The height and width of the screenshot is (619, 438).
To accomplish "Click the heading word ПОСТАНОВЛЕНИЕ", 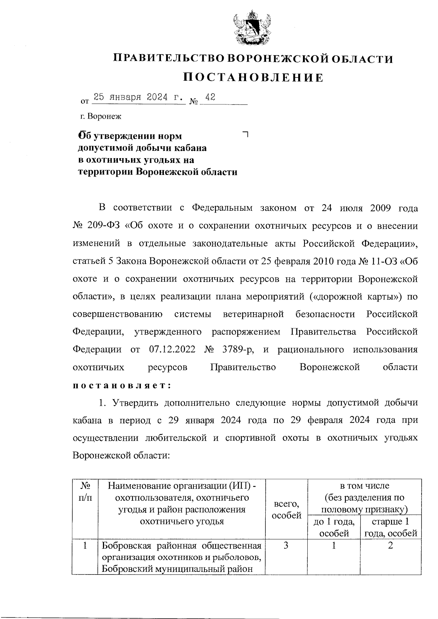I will click(x=253, y=77).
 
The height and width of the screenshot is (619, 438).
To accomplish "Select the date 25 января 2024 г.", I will click(x=138, y=98).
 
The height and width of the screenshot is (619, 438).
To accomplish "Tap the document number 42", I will click(x=210, y=97).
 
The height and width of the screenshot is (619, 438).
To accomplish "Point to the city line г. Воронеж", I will click(x=101, y=116).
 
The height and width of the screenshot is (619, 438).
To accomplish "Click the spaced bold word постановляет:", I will click(x=122, y=385).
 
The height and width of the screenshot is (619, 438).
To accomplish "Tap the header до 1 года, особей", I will click(x=334, y=527).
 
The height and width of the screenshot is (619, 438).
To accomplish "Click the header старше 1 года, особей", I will click(x=390, y=527).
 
